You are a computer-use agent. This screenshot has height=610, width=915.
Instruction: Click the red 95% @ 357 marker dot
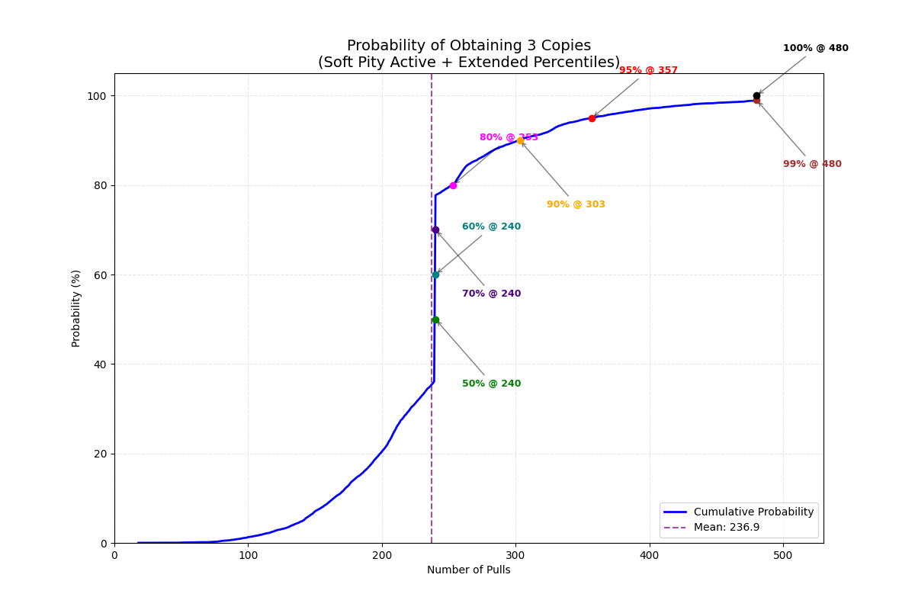[x=592, y=118]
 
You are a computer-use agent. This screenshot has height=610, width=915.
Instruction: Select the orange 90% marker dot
[x=520, y=140]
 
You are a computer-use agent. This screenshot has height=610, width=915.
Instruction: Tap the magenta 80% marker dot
[x=453, y=185]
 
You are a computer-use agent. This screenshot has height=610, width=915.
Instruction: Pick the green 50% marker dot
[x=435, y=320]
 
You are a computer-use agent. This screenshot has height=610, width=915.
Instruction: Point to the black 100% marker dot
[x=756, y=96]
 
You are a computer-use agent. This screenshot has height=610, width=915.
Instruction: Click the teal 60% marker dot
[x=435, y=274]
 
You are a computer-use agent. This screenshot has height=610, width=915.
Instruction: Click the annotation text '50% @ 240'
[x=491, y=384]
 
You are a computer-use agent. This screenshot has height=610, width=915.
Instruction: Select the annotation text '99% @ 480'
[x=812, y=164]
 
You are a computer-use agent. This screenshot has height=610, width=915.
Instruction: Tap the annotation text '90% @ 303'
[x=576, y=204]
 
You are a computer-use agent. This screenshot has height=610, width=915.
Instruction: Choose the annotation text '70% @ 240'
[x=491, y=294]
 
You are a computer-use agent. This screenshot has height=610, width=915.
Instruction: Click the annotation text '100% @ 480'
[x=815, y=48]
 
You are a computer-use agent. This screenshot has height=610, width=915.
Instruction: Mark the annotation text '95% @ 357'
[x=648, y=70]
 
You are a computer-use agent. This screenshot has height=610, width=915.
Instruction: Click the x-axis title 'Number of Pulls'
[x=468, y=570]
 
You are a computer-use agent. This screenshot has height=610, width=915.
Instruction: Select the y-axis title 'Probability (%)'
[x=76, y=308]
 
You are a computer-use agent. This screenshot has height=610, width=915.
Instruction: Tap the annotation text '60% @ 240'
[x=491, y=226]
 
